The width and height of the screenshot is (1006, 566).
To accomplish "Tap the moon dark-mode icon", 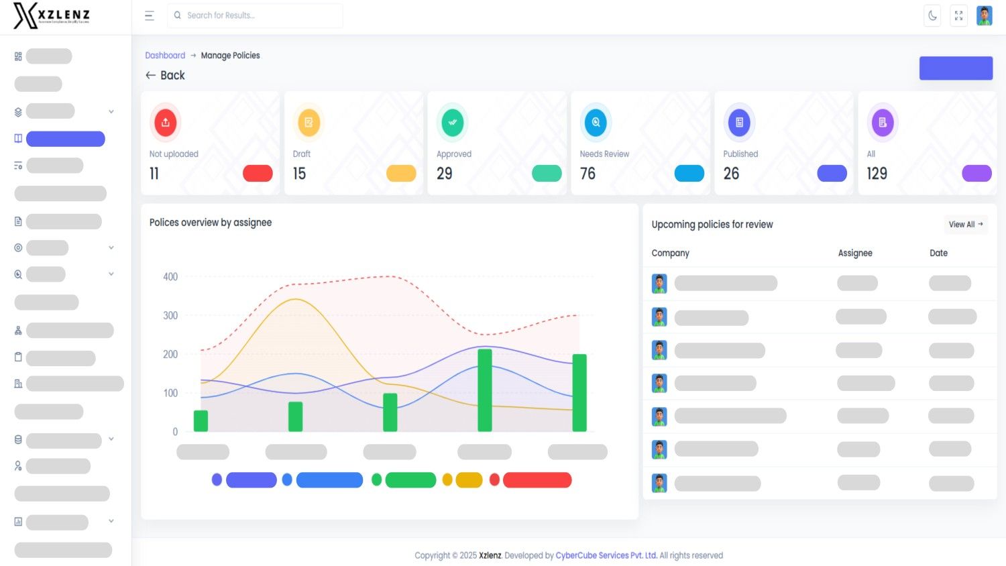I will pos(932,15).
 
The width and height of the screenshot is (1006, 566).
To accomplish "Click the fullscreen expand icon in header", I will pos(958,15).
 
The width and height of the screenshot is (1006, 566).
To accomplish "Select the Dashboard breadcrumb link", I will pos(165,56).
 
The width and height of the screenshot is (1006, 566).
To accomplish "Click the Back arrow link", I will pos(165,75).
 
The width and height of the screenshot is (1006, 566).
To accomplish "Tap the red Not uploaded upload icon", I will pos(166,122).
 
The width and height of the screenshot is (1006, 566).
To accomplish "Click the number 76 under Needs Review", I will pos(588,174).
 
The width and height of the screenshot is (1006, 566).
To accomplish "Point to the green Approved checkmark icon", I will pos(453,122).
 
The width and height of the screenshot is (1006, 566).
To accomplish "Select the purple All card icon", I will pos(883,122).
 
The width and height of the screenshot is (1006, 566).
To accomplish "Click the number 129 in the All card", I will pos(877,174).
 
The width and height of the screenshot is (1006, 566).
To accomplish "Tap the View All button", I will pos(965,225).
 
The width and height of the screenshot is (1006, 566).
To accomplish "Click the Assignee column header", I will pos(855,253).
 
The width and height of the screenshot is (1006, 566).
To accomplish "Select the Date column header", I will pos(938,253).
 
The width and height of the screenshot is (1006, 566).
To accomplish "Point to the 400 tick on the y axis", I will pos(170,277).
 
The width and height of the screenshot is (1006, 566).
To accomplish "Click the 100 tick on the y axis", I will pos(170,393).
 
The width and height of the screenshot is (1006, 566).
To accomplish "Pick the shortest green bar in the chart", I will pos(201,420).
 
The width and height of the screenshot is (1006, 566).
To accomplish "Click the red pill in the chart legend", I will pos(537,480).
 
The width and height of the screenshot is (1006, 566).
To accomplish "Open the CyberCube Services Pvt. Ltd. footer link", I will pos(606,555).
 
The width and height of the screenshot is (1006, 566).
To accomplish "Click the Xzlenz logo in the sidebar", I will pos(52,15).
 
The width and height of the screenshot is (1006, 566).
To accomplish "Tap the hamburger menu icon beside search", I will pos(150,15).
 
